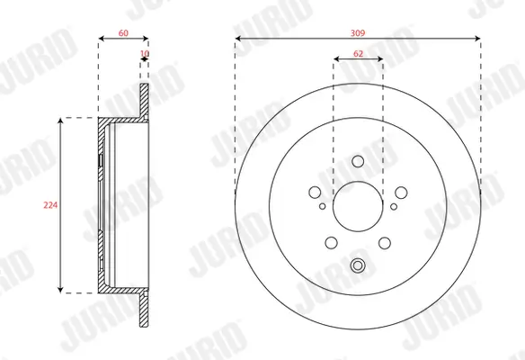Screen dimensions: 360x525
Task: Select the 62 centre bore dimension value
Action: [358, 54]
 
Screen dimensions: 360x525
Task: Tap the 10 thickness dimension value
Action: [145, 54]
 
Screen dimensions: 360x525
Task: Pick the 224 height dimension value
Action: [50, 204]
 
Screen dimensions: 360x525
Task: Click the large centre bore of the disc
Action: [358, 208]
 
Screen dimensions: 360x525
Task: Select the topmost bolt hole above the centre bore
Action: [358, 162]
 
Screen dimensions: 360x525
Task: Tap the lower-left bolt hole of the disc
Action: [331, 240]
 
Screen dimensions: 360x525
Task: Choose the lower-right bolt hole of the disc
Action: [385, 240]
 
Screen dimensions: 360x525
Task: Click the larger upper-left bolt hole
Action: [315, 192]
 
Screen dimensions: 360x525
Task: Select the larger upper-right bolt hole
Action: [401, 192]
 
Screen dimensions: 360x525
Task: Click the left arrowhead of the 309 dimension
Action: [238, 38]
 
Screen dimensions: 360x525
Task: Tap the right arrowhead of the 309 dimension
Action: [477, 38]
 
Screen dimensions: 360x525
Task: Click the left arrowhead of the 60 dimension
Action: [100, 38]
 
